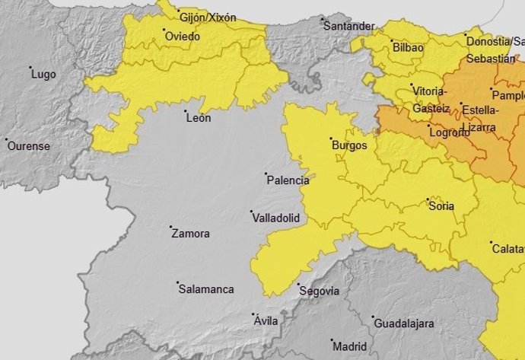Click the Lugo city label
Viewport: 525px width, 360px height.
pyautogui.click(x=43, y=74)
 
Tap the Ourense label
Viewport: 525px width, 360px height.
pyautogui.click(x=28, y=145)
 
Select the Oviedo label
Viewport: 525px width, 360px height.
pyautogui.click(x=183, y=36)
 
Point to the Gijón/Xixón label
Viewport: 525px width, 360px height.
pyautogui.click(x=207, y=18)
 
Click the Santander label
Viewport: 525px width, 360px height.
pyautogui.click(x=348, y=26)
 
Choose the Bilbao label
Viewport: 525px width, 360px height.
pyautogui.click(x=408, y=47)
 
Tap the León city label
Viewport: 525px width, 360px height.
pyautogui.click(x=198, y=118)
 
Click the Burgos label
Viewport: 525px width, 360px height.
pyautogui.click(x=349, y=145)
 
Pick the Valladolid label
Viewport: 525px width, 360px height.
pyautogui.click(x=275, y=218)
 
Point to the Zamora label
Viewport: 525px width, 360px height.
pyautogui.click(x=190, y=234)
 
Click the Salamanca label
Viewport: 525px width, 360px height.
pyautogui.click(x=205, y=289)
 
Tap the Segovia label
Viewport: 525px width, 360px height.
pyautogui.click(x=320, y=291)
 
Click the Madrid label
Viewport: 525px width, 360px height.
pyautogui.click(x=349, y=345)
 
